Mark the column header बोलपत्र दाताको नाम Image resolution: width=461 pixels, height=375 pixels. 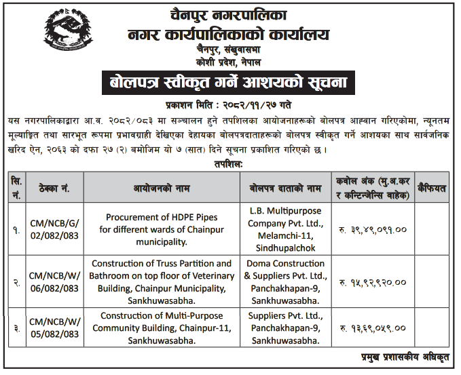pos(284,187)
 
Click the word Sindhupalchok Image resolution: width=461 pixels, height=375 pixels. pos(284,248)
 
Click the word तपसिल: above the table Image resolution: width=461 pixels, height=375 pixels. pos(227,163)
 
